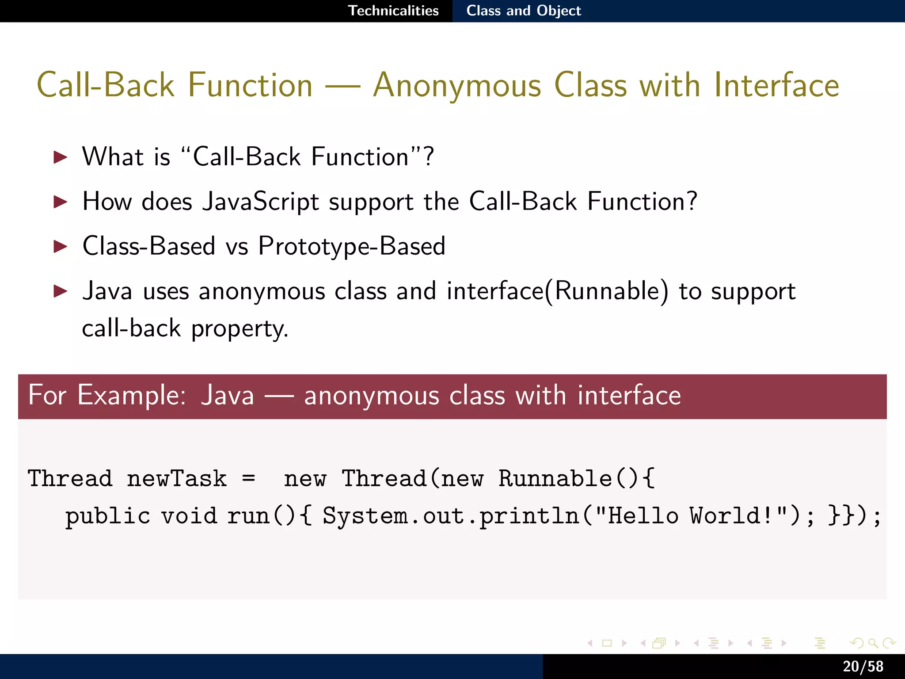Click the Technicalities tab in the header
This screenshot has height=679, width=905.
point(393,11)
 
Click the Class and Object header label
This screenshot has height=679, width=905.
point(524,11)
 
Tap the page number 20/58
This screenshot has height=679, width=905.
point(863,666)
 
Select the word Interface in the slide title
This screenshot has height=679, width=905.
point(776,85)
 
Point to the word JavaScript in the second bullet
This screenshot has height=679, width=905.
point(260,202)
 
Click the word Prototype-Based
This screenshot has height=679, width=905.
point(352,246)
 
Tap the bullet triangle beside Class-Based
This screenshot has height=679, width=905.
point(60,246)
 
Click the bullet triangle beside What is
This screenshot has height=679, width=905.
point(60,157)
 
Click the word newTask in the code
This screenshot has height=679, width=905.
point(177,478)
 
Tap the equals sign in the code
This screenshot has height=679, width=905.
point(249,478)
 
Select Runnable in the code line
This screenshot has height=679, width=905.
point(555,478)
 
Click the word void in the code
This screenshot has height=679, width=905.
point(189,516)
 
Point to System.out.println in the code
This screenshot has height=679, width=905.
point(451,516)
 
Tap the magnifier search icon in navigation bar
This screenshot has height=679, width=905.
point(872,643)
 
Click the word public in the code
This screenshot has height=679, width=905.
point(108,516)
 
